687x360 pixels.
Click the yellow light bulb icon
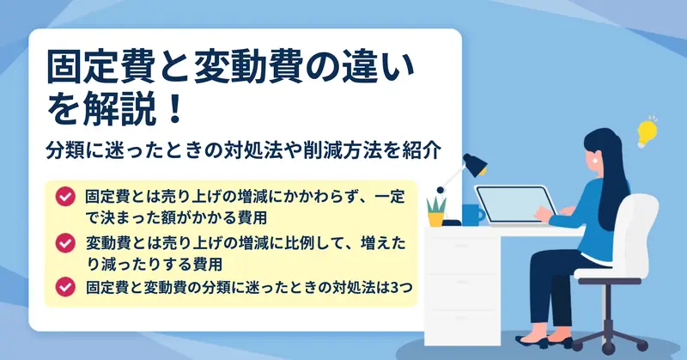pyautogui.click(x=647, y=132)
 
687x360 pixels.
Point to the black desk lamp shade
pyautogui.click(x=476, y=164)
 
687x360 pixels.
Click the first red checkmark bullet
pyautogui.click(x=65, y=197)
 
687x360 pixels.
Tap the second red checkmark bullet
pyautogui.click(x=65, y=242)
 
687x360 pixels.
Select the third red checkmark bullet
pyautogui.click(x=65, y=287)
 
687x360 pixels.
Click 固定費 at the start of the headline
pyautogui.click(x=100, y=68)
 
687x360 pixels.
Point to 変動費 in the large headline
pyautogui.click(x=248, y=68)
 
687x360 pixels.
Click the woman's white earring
pyautogui.click(x=595, y=161)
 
